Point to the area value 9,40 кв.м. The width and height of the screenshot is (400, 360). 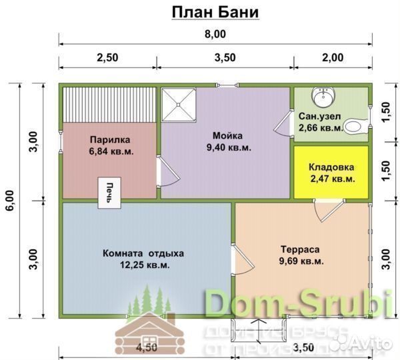[x=229, y=147]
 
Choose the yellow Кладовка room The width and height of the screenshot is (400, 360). [x=331, y=172]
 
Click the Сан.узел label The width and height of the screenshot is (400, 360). [x=319, y=115]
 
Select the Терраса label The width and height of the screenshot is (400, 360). [x=300, y=249]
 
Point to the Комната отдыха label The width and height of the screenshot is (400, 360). [x=143, y=253]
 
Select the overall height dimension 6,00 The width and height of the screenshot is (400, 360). [x=9, y=200]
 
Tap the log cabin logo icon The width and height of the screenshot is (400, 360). [x=145, y=323]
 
